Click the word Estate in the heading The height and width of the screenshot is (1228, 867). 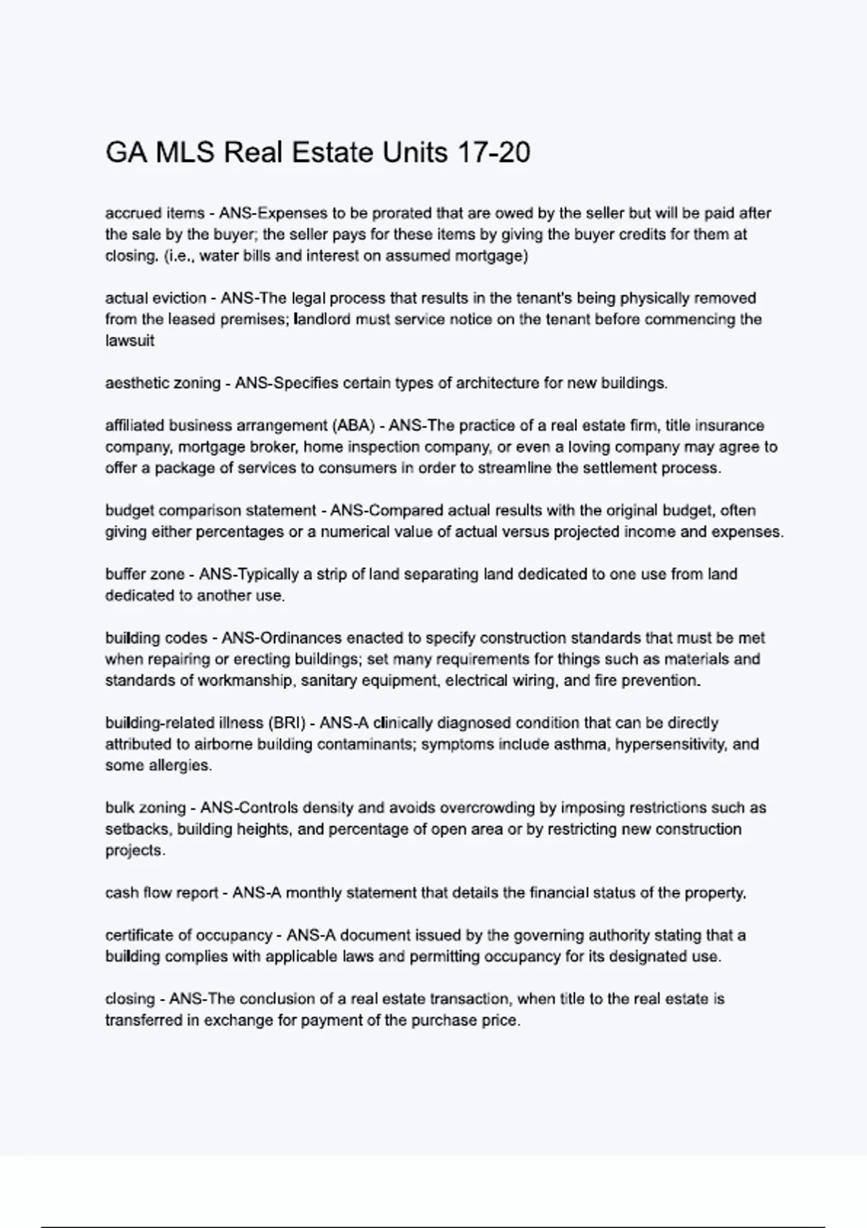tap(332, 152)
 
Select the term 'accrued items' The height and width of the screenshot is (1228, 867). tap(155, 213)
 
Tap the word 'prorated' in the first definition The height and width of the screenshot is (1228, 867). tap(400, 213)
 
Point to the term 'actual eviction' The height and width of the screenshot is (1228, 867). tap(155, 298)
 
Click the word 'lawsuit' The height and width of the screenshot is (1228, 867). tap(129, 341)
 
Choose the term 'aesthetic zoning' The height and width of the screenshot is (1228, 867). tap(163, 383)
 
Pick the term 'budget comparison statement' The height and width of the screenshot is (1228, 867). tap(210, 511)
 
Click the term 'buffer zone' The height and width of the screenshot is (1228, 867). tap(144, 574)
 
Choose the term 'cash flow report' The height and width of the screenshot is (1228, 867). tap(161, 893)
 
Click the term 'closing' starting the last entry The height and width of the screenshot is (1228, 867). tap(130, 999)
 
